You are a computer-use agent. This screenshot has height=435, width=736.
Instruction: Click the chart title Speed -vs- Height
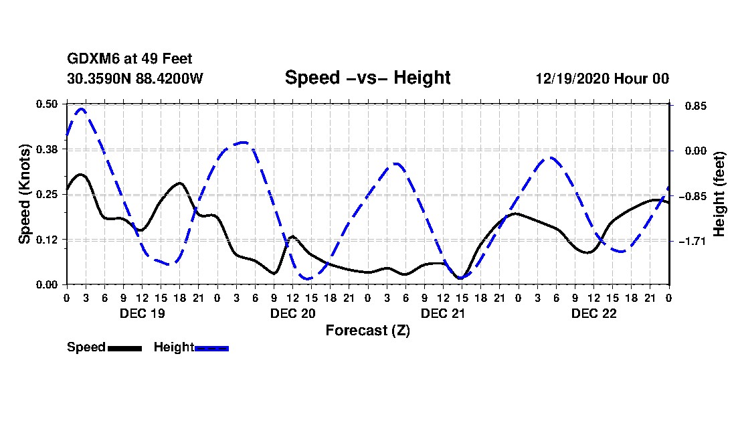367,78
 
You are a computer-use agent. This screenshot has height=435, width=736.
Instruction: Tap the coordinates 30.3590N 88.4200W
134,78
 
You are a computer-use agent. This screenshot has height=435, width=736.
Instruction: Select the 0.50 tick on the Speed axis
48,104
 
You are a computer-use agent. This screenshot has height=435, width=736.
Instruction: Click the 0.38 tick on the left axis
48,149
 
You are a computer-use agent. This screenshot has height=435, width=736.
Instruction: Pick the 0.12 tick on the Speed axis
48,240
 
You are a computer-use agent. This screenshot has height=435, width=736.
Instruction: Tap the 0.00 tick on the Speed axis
48,284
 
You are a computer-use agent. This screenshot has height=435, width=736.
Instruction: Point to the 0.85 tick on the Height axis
692,106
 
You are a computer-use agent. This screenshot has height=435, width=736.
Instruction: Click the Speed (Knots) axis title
25,194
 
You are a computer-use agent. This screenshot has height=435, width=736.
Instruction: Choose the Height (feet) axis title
720,194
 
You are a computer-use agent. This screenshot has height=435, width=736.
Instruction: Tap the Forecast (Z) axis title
367,331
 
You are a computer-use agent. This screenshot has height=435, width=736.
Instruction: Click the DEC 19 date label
142,313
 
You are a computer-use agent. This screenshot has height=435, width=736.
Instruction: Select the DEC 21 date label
443,313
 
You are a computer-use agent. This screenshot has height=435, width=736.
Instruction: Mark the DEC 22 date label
593,313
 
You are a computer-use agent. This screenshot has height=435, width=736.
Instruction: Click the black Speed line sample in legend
124,348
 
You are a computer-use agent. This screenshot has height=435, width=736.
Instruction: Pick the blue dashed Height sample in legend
211,348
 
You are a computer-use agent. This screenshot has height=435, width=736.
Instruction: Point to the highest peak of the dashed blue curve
82,108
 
